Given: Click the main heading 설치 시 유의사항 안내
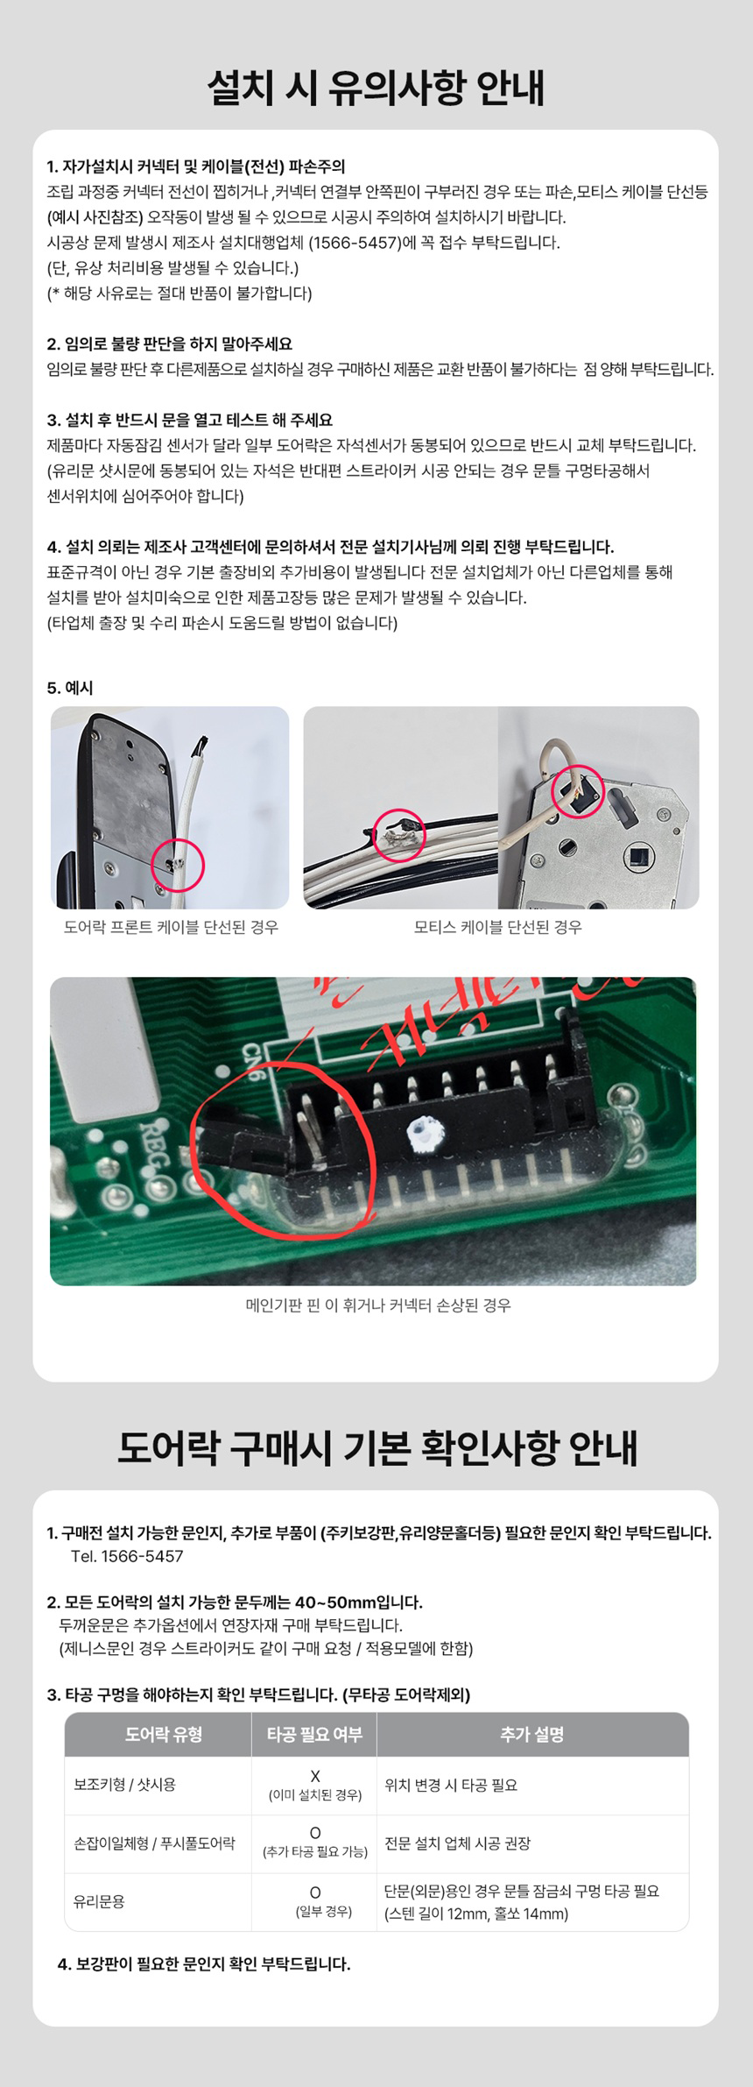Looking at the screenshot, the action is tap(376, 88).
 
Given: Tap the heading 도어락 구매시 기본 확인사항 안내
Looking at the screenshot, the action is tap(376, 1448).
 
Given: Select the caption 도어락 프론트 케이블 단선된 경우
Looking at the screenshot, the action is tap(171, 927).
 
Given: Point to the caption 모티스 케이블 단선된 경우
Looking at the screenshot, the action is tap(497, 927).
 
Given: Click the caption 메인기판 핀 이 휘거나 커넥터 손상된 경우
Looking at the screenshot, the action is tap(377, 1305).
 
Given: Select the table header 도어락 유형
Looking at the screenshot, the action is tap(164, 1734).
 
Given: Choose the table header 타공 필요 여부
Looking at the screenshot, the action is tap(314, 1734).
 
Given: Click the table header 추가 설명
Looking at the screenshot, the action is tap(532, 1734).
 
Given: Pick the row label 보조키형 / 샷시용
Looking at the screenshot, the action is tap(124, 1785).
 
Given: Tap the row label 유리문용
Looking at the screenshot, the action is tap(99, 1901).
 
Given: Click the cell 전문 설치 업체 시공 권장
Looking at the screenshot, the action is tap(458, 1843).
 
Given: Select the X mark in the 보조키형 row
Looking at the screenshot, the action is tap(315, 1776).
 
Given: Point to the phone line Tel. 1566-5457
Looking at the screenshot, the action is tap(127, 1556).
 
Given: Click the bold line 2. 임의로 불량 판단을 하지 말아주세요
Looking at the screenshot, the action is tap(170, 343).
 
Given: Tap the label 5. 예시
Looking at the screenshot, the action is tap(70, 688).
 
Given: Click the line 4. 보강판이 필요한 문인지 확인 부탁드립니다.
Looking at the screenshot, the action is tap(204, 1963).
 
